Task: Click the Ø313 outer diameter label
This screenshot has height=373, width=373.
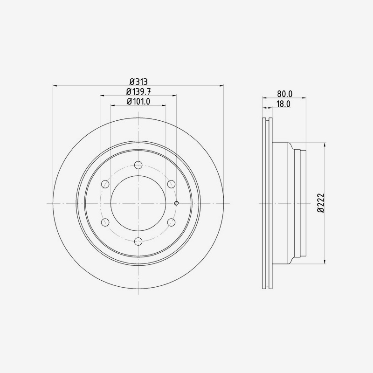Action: coord(138,81)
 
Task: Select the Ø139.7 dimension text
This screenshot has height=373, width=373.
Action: coord(138,91)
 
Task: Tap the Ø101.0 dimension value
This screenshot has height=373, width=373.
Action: coord(138,102)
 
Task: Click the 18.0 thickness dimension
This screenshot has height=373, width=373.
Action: coord(283,104)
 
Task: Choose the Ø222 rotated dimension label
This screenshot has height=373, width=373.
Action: coord(320,203)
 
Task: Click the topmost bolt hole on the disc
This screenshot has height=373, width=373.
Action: coord(138,165)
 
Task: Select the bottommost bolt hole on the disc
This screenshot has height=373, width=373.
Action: coord(138,241)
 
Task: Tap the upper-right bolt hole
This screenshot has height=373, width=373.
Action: coord(171,184)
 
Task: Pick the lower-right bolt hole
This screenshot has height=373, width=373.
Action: coord(171,222)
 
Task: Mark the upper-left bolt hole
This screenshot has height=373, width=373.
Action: coord(105,184)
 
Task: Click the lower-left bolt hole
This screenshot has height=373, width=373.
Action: coord(105,222)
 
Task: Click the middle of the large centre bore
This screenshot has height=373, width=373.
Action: coord(138,203)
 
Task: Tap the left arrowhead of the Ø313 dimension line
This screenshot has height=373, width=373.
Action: coord(55,85)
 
